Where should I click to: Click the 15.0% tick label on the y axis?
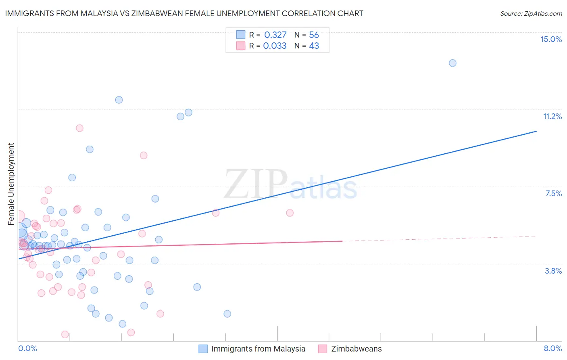click(551, 39)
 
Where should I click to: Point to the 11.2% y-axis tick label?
click(552, 116)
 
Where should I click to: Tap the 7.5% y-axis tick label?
click(553, 193)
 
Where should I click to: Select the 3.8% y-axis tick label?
click(553, 271)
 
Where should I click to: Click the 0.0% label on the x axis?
click(27, 348)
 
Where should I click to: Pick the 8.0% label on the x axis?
click(552, 348)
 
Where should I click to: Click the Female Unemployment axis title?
click(11, 184)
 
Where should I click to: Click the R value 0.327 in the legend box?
click(275, 35)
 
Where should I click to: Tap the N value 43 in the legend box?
click(314, 46)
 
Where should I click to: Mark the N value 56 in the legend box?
click(314, 35)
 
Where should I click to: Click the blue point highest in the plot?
click(452, 63)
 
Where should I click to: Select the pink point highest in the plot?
click(79, 128)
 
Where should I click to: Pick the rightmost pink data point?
click(290, 213)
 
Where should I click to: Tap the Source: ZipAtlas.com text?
click(531, 13)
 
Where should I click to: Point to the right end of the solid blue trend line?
click(536, 131)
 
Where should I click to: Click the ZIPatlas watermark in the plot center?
click(290, 185)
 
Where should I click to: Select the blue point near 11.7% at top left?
click(119, 100)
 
